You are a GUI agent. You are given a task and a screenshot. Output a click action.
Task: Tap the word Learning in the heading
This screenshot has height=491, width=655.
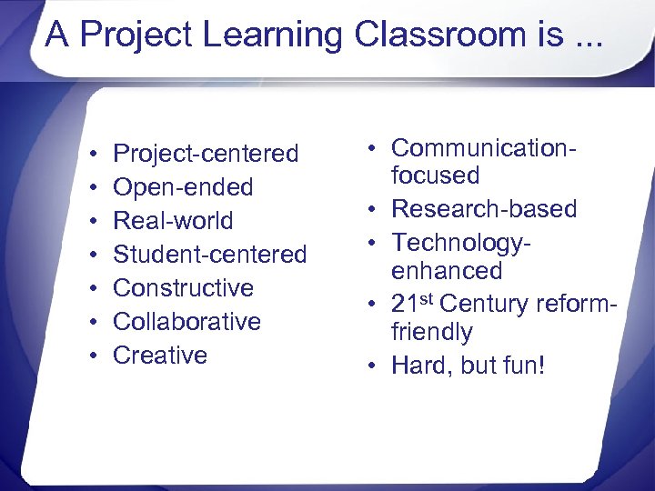coord(273,36)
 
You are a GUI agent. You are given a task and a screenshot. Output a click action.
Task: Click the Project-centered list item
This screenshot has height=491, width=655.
coord(206,155)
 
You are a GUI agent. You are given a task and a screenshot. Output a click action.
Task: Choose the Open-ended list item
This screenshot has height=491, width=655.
coord(183,187)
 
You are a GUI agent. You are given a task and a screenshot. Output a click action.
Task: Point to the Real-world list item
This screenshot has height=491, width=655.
coord(173,221)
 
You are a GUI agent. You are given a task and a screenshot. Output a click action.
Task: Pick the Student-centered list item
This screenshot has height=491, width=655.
coord(209,255)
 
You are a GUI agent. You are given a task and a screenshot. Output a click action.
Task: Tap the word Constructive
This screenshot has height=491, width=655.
coord(183,288)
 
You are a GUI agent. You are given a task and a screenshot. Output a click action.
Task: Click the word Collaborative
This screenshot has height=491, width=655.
coord(186,322)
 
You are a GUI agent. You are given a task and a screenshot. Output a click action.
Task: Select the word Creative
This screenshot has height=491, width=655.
coord(160,356)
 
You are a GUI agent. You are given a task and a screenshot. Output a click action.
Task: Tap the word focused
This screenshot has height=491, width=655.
coord(435,176)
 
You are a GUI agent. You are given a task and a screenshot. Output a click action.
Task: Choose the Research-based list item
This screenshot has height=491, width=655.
coord(484,209)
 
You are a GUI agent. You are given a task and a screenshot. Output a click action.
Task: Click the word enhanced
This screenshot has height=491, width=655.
coord(447,271)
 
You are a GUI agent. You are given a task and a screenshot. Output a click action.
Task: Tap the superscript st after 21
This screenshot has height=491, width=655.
coord(428,297)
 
